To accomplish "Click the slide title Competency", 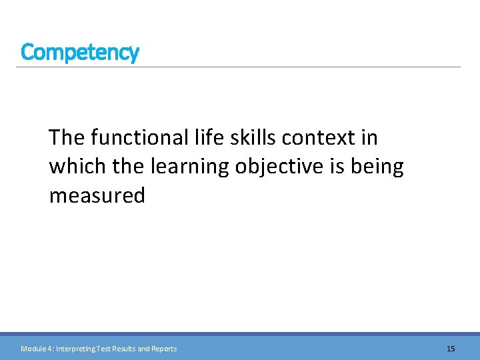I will (79, 52).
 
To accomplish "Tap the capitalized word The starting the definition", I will (66, 137).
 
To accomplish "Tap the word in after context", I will (369, 137).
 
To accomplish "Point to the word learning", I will (191, 167).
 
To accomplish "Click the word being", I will (380, 167).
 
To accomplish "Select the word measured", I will (97, 196).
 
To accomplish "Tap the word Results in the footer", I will (131, 349).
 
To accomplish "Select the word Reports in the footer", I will (164, 349).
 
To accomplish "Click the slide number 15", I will (451, 349).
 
